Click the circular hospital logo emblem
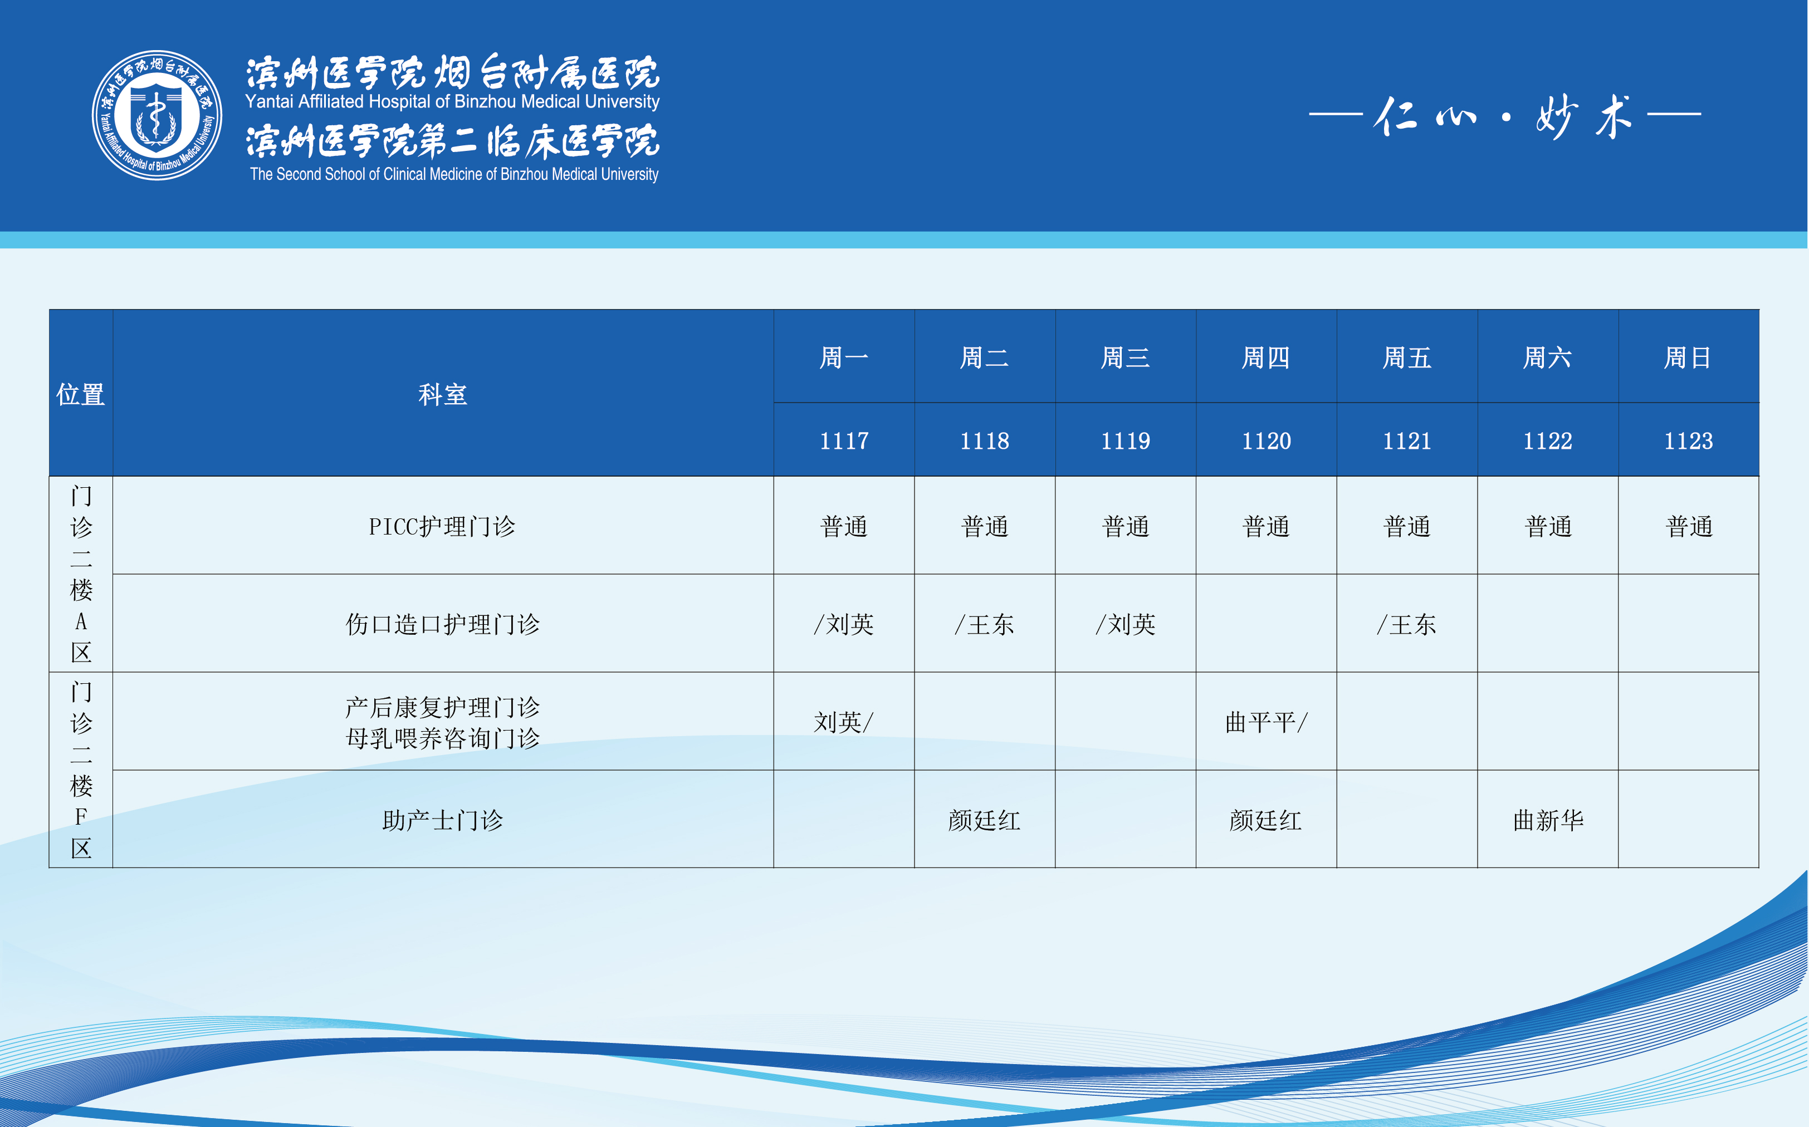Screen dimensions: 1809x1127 click(x=157, y=115)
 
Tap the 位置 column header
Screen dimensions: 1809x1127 click(x=81, y=394)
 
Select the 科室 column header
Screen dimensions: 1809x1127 click(x=443, y=394)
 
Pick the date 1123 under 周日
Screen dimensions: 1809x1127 click(x=1688, y=440)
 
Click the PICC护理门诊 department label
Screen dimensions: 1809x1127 click(x=443, y=526)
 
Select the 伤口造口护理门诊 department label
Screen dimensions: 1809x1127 click(x=443, y=624)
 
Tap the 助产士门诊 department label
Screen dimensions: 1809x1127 click(x=443, y=820)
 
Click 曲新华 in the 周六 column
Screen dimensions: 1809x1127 click(x=1548, y=820)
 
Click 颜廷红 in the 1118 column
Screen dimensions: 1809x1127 click(x=985, y=820)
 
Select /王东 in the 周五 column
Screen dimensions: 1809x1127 click(x=1406, y=624)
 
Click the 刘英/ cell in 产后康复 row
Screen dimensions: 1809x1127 click(x=844, y=722)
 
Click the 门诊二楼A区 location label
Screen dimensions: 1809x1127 click(x=81, y=574)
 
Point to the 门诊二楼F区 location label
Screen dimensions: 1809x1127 click(x=81, y=770)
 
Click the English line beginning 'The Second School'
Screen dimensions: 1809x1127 click(x=454, y=174)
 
